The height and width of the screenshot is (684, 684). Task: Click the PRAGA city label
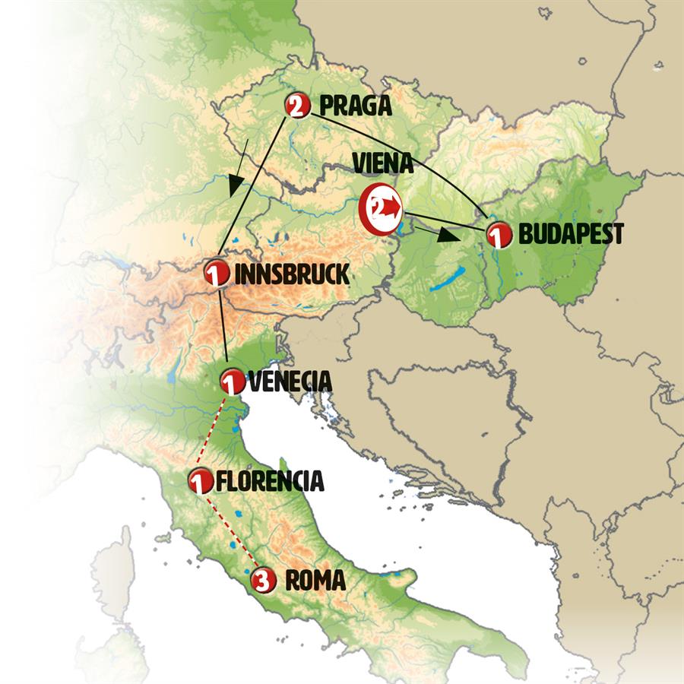pos(356,106)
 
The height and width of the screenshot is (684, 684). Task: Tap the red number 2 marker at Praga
pos(296,105)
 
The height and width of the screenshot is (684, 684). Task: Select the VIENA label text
pos(382,164)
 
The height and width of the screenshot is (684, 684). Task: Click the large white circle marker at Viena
pos(380,207)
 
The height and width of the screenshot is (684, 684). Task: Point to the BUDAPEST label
pos(570,234)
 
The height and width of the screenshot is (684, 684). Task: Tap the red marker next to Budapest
pos(498,236)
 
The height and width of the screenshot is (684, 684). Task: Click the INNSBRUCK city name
pos(292,274)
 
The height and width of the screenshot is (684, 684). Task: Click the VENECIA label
pos(287,381)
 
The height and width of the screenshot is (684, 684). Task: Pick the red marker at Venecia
pos(231,380)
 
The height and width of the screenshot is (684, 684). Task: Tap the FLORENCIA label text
pos(269,481)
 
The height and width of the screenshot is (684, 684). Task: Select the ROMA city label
pos(315,581)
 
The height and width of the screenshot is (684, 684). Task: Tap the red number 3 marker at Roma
pos(262,580)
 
